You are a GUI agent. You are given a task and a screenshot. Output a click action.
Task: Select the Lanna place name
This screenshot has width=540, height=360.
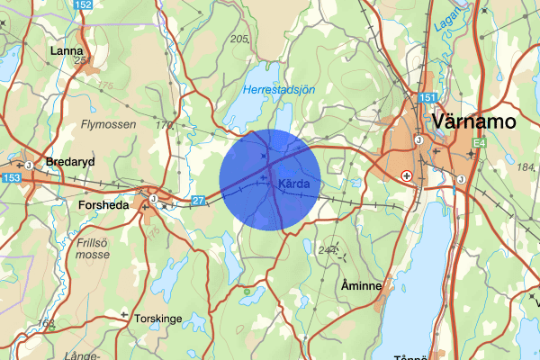point(67,50)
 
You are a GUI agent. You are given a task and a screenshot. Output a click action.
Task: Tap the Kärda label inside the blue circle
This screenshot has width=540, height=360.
point(295,184)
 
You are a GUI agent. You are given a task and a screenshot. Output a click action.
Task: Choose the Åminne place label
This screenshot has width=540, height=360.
point(362,285)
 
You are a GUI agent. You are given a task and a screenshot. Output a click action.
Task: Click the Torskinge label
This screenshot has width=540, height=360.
point(157,318)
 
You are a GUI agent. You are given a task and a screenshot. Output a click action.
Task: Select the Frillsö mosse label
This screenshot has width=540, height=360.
point(93,247)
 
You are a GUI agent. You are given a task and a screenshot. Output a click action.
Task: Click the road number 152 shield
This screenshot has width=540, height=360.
point(83,5)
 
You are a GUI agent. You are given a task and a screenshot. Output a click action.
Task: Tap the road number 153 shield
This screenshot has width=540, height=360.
point(11,178)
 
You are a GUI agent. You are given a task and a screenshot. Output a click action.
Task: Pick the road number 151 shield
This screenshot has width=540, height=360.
point(427,97)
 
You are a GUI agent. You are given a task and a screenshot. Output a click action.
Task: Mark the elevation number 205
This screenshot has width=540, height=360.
point(239,39)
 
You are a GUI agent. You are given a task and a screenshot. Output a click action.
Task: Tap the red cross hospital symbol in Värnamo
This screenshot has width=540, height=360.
point(408,176)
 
